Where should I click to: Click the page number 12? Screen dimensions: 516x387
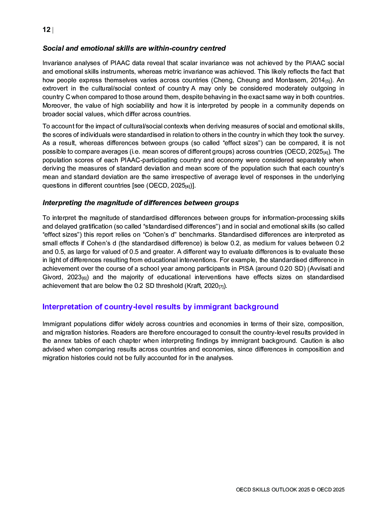[46, 30]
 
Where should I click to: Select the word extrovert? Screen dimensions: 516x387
[55, 89]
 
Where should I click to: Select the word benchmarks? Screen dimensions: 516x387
[195, 235]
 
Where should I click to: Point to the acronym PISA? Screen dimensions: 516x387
[246, 269]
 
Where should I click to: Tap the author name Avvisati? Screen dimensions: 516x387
[321, 269]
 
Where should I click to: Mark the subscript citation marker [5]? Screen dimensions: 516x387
[328, 81]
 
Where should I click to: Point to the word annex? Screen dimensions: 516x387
[62, 341]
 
